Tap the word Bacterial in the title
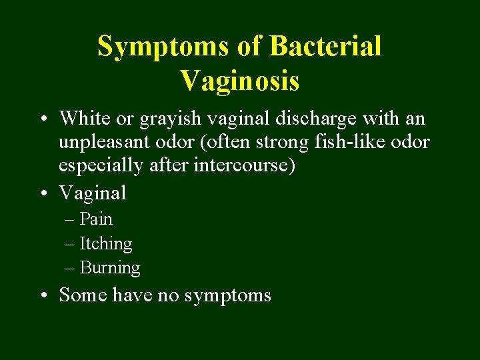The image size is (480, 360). coord(326,47)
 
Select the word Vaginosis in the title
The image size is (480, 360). coord(239,81)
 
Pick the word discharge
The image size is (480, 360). coord(317,119)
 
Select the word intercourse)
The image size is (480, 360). coord(244,165)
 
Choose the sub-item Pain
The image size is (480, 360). coord(96,219)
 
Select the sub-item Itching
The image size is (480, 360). coord(106,244)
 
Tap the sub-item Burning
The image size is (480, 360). coord(110,268)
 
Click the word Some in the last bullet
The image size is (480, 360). coord(83,295)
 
